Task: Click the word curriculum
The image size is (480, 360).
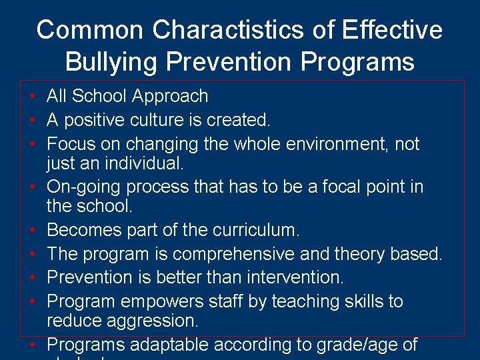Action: tap(256, 231)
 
